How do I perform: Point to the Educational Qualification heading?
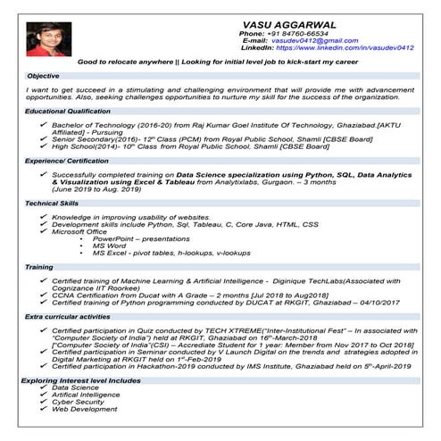(68, 111)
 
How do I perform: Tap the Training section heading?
(39, 267)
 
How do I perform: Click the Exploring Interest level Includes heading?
(81, 380)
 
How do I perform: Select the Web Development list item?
(85, 409)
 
